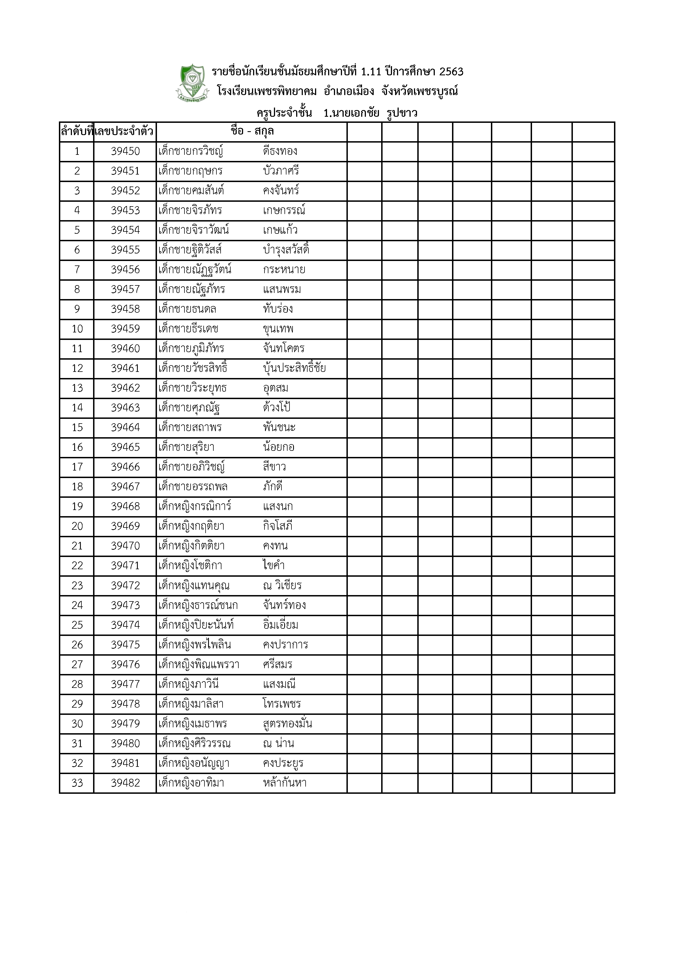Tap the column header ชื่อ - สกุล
[x=252, y=131]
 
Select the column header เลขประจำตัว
[x=124, y=132]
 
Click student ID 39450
[x=125, y=151]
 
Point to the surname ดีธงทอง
[x=280, y=151]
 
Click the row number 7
[x=77, y=270]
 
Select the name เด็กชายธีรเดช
[x=188, y=329]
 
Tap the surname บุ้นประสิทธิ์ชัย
[x=294, y=368]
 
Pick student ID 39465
[x=125, y=447]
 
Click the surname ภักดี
[x=273, y=487]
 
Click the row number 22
[x=77, y=566]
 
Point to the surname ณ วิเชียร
[x=282, y=586]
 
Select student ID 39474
[x=125, y=625]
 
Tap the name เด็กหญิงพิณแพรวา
[x=199, y=665]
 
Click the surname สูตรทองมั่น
[x=287, y=723]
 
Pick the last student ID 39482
[x=125, y=783]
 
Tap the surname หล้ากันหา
[x=284, y=783]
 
